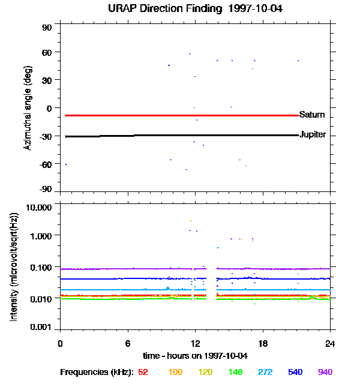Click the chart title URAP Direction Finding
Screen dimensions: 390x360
(196, 8)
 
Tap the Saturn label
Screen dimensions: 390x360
(312, 115)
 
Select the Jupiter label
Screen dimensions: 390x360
(313, 134)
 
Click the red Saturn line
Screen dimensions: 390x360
(180, 115)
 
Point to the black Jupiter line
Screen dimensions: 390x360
(180, 136)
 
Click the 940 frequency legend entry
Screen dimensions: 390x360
(325, 373)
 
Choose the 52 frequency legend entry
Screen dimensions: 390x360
(143, 373)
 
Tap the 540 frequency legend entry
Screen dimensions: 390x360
(295, 373)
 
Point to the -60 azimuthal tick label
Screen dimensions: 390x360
(46, 164)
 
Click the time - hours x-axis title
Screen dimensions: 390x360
(195, 356)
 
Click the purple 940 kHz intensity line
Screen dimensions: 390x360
(132, 269)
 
